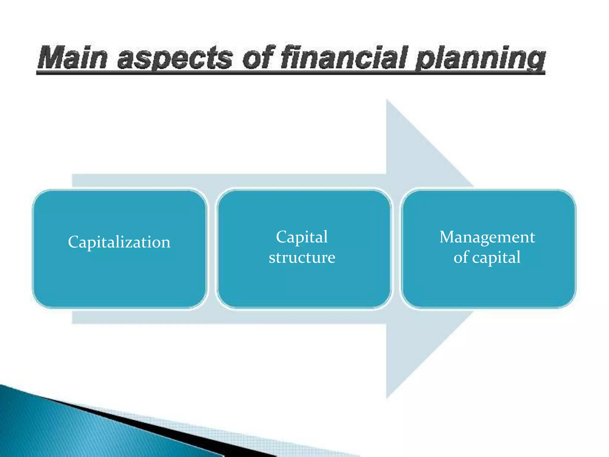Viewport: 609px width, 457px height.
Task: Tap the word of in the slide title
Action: pyautogui.click(x=258, y=57)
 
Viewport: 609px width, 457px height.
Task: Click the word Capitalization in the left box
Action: pyautogui.click(x=119, y=242)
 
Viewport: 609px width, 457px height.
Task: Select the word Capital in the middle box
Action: pyautogui.click(x=302, y=237)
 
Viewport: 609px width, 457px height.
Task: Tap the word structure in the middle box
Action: pyautogui.click(x=302, y=257)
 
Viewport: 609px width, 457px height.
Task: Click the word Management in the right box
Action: pyautogui.click(x=487, y=237)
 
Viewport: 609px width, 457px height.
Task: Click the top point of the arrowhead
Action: pyautogui.click(x=387, y=100)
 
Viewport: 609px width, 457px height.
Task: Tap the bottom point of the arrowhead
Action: pyautogui.click(x=387, y=397)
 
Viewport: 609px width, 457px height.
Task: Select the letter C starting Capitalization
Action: pyautogui.click(x=73, y=242)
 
